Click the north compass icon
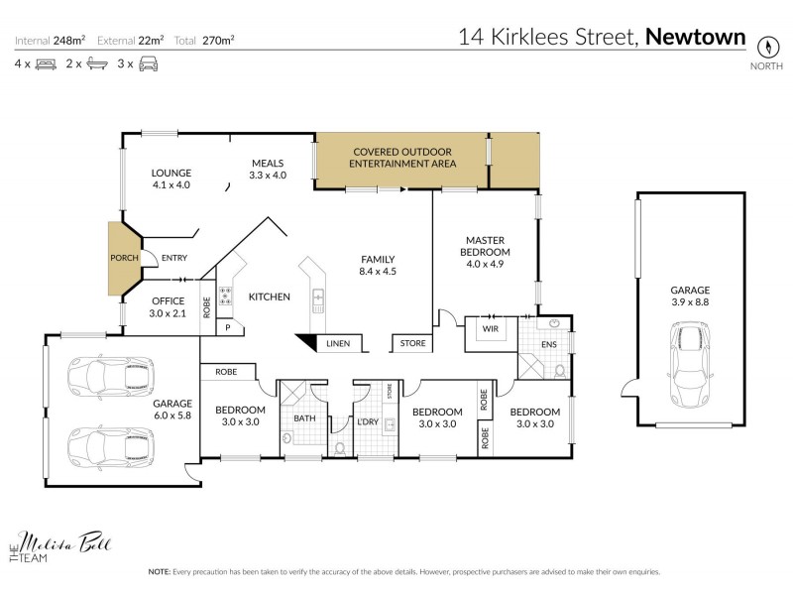pyautogui.click(x=765, y=46)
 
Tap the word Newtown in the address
pyautogui.click(x=695, y=37)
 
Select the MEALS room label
pyautogui.click(x=268, y=169)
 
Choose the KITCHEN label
pyautogui.click(x=269, y=297)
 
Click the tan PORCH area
pyautogui.click(x=124, y=259)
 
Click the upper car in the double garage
pyautogui.click(x=110, y=376)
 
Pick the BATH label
pyautogui.click(x=304, y=418)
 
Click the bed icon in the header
pyautogui.click(x=45, y=63)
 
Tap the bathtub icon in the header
pyautogui.click(x=95, y=63)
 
